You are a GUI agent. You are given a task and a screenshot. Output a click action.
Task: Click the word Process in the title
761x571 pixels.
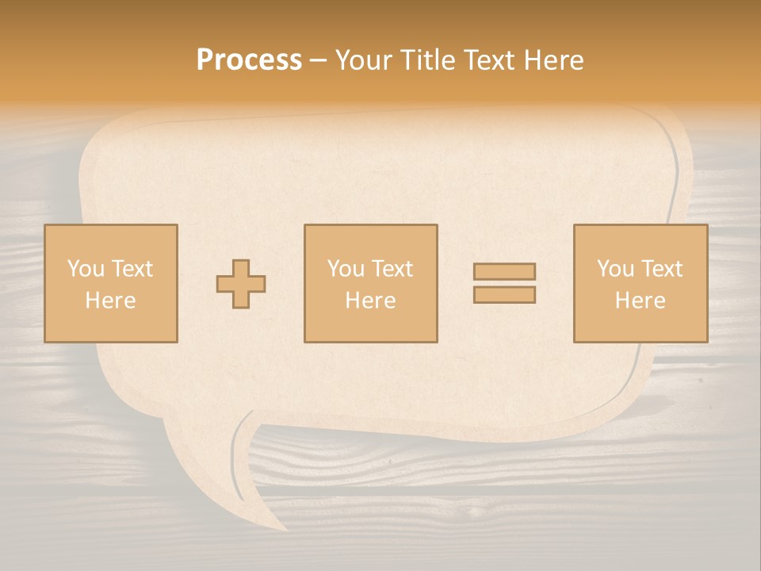(249, 60)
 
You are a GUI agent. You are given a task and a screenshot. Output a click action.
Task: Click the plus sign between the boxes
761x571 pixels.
(241, 284)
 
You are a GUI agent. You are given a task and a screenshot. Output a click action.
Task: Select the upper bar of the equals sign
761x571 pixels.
(504, 271)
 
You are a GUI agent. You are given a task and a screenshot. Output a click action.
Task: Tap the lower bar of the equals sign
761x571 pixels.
(504, 294)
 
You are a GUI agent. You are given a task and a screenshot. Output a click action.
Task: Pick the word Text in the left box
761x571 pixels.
(132, 269)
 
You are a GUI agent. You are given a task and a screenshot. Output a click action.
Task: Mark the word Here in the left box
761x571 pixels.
(110, 301)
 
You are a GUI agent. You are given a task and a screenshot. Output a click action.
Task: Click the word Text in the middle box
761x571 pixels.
(392, 269)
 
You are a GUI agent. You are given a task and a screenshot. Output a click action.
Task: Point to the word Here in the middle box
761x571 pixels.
(370, 301)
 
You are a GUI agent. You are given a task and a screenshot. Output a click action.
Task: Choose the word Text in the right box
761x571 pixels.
(661, 269)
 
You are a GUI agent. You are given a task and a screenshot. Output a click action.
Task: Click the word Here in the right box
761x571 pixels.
(640, 301)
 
